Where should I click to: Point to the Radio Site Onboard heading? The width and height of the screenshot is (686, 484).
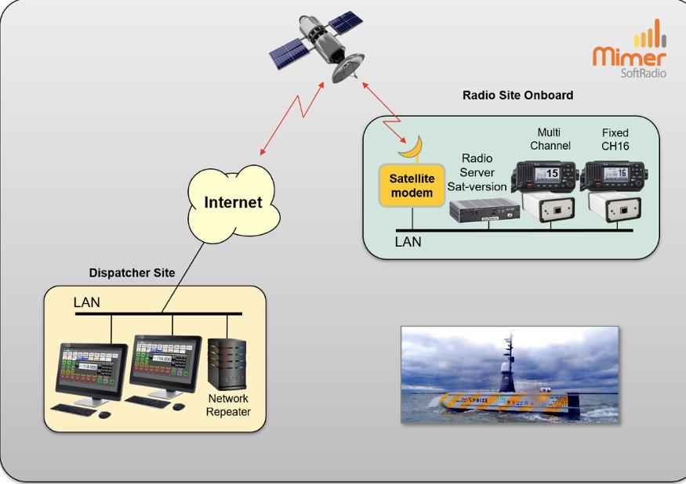518,96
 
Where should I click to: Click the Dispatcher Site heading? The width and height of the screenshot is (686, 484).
132,273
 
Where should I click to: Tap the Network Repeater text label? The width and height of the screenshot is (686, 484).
228,405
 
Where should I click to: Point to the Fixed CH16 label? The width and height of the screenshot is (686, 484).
615,139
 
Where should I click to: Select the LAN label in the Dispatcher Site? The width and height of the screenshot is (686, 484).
86,302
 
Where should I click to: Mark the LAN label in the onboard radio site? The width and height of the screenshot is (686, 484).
408,242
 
